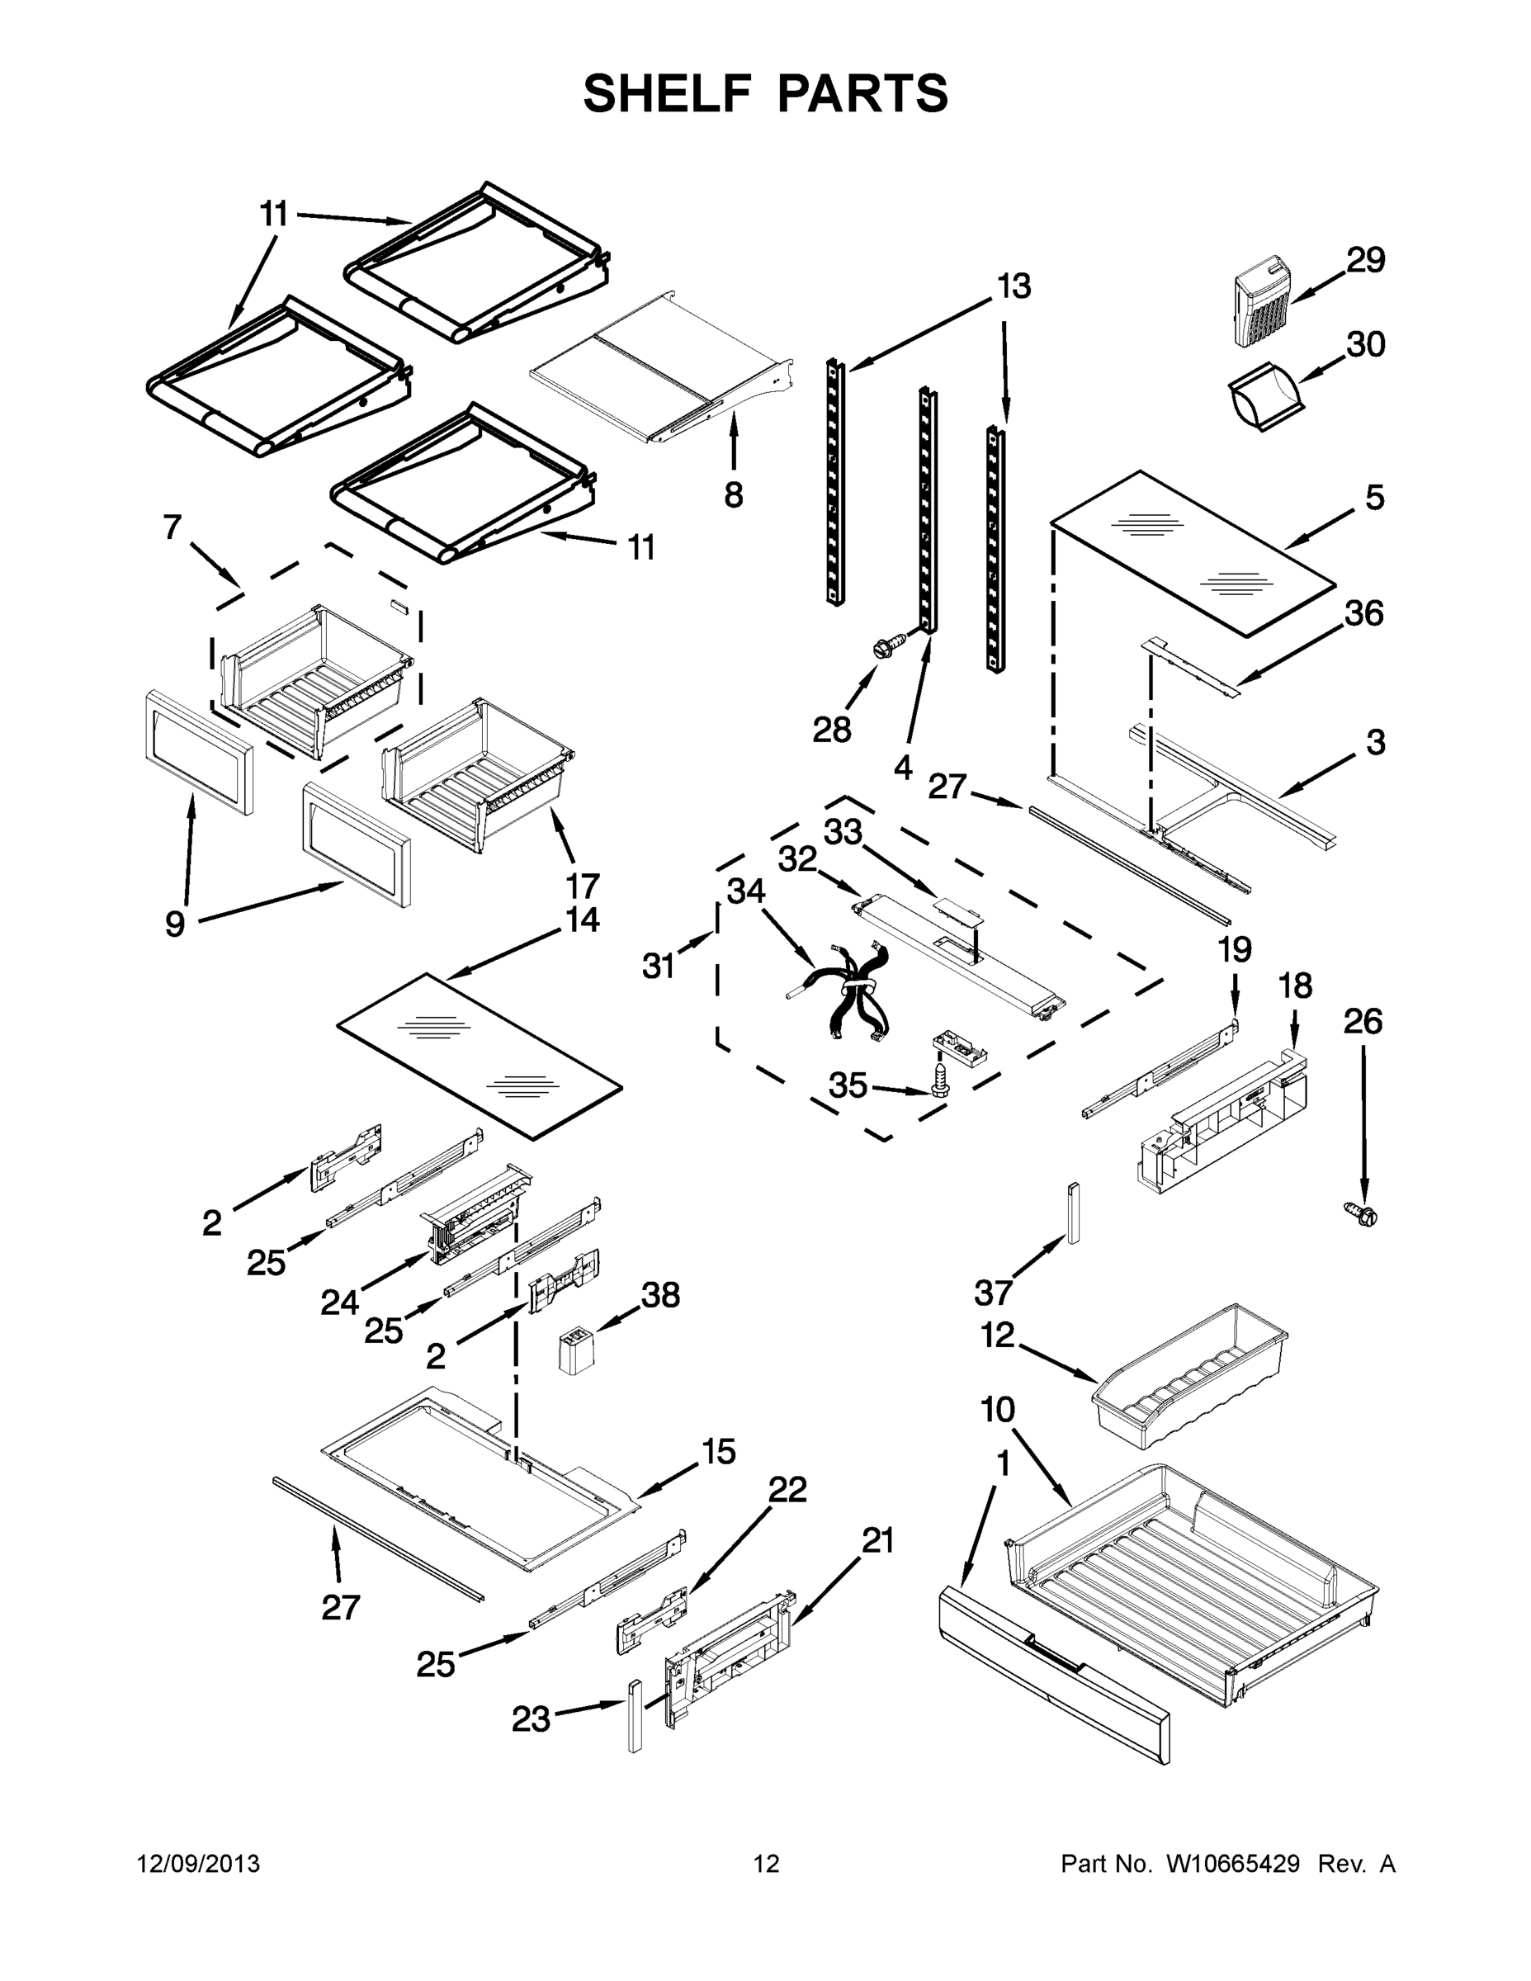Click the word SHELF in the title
(667, 93)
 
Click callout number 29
(1365, 260)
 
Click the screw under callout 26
(1361, 1213)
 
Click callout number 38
(660, 1295)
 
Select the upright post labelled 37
(1074, 1213)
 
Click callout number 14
(581, 920)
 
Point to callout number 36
(1364, 614)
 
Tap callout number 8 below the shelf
(734, 495)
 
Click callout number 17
(583, 886)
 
